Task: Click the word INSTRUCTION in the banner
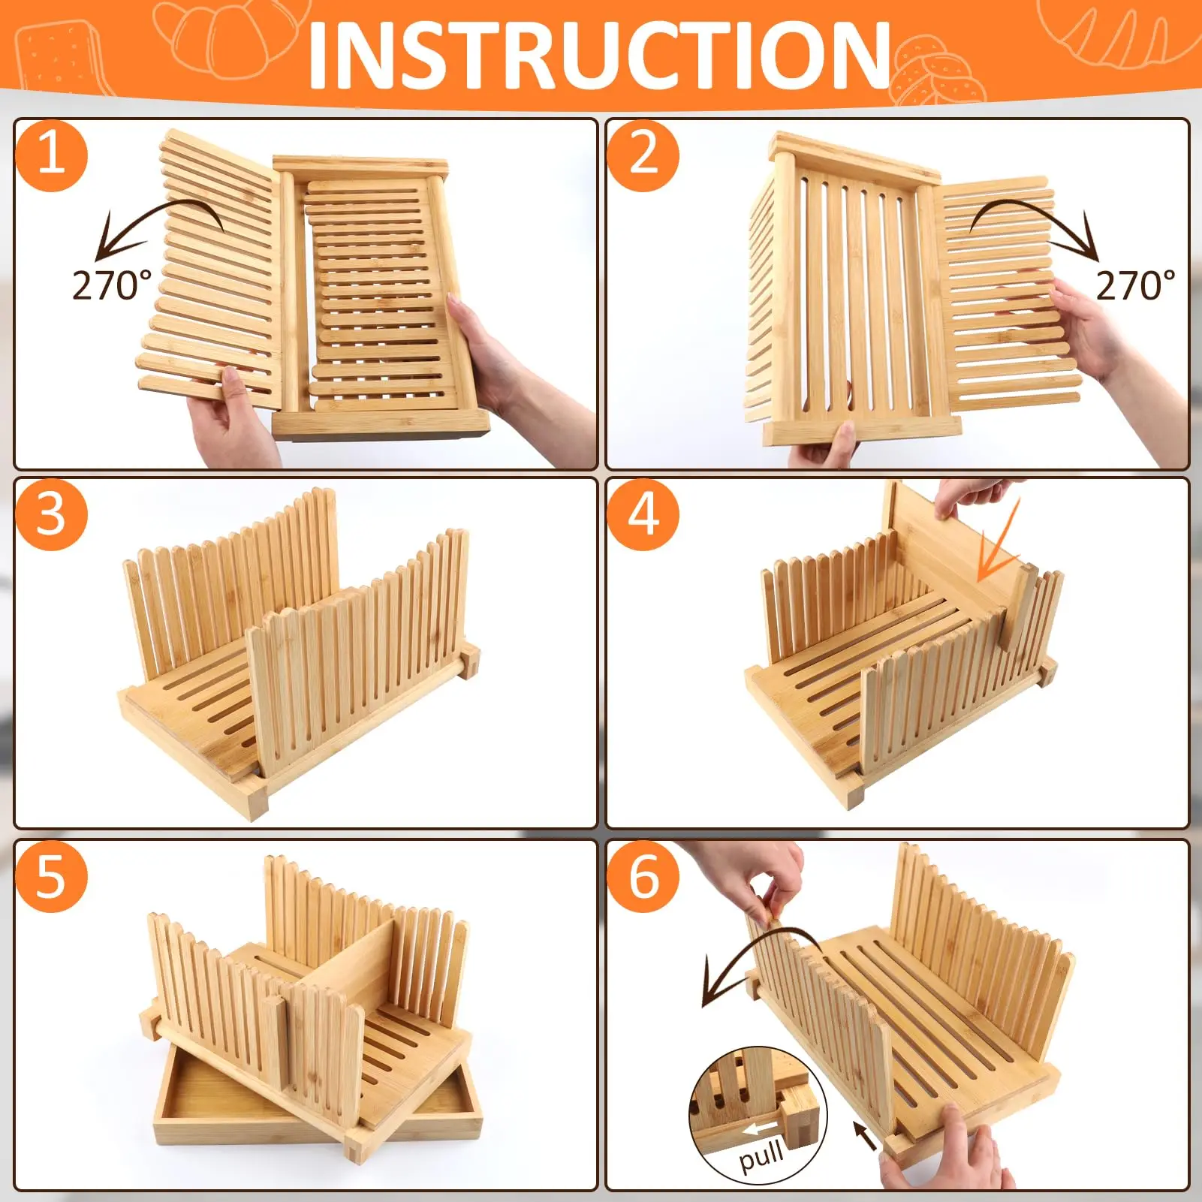[x=599, y=54]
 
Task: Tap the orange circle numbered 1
[x=51, y=155]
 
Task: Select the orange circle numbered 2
[x=643, y=155]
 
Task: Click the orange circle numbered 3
[x=51, y=515]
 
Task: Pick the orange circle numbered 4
[x=643, y=515]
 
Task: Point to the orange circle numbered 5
[x=51, y=876]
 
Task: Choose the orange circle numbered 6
[x=643, y=876]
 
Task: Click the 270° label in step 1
[x=112, y=286]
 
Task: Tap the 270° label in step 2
[x=1135, y=286]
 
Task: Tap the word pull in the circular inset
[x=761, y=1155]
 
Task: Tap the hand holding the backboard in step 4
[x=976, y=497]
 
